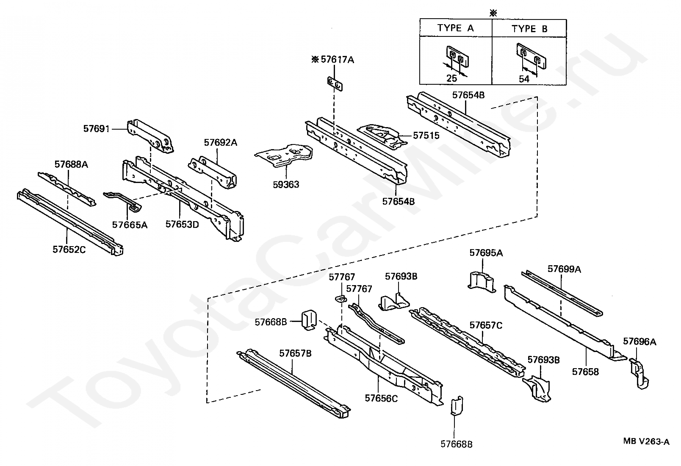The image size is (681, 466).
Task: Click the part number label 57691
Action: (x=97, y=129)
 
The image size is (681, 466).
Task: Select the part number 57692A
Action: (x=220, y=143)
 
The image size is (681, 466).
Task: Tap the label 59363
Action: (x=286, y=185)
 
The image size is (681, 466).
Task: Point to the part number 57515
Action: (x=426, y=136)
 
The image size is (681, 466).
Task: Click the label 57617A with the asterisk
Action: (x=333, y=60)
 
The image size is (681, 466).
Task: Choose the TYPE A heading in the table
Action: (x=456, y=28)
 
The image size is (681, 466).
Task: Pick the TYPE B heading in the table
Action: (x=530, y=29)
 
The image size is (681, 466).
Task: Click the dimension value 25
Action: (x=452, y=78)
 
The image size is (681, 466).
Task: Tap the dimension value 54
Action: (x=524, y=79)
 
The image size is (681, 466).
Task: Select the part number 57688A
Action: (x=71, y=164)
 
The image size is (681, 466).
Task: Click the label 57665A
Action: (x=130, y=225)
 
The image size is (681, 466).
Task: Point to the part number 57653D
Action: (x=182, y=225)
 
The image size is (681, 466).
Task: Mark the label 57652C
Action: (x=69, y=250)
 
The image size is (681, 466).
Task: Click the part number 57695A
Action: (x=486, y=253)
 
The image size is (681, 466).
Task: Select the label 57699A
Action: (x=564, y=269)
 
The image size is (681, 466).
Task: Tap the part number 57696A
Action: (x=639, y=342)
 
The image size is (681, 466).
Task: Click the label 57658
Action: (x=585, y=372)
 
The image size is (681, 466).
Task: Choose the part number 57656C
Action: (x=381, y=399)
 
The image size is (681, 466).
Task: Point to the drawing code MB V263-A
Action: (x=646, y=441)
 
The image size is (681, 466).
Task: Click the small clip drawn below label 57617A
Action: (x=335, y=83)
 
